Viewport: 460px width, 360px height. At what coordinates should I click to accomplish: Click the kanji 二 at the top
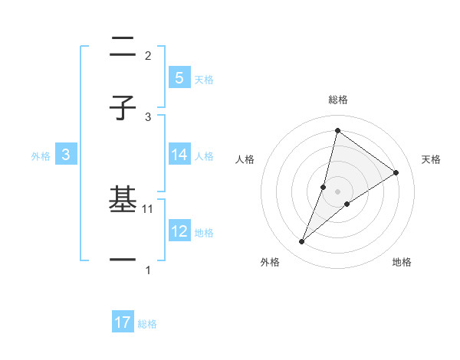pyautogui.click(x=123, y=48)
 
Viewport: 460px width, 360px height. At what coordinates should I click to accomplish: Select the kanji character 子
pyautogui.click(x=123, y=109)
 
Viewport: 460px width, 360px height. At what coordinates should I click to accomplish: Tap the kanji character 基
pyautogui.click(x=123, y=201)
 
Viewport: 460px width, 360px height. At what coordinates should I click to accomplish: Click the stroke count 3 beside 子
pyautogui.click(x=148, y=116)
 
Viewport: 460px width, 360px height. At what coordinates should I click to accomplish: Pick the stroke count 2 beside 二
pyautogui.click(x=148, y=55)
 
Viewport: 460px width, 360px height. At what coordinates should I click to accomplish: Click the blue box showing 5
pyautogui.click(x=179, y=77)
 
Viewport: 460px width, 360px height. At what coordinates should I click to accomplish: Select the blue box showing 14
pyautogui.click(x=179, y=155)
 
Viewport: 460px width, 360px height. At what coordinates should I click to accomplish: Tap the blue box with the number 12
pyautogui.click(x=179, y=231)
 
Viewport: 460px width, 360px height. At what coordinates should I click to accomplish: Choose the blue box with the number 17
pyautogui.click(x=123, y=322)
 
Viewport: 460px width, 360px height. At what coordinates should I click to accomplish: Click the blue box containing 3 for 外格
pyautogui.click(x=66, y=155)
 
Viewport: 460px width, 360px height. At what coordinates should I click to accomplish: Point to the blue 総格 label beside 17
pyautogui.click(x=147, y=324)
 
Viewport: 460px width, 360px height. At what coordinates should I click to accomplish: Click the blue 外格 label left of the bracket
pyautogui.click(x=41, y=155)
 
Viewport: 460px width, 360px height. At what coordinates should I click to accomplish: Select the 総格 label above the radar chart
pyautogui.click(x=337, y=100)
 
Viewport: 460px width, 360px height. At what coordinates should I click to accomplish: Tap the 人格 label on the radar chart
pyautogui.click(x=245, y=159)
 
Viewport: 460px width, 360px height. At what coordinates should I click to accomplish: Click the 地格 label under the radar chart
pyautogui.click(x=402, y=262)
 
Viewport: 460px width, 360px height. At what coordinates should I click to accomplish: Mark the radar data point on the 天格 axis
pyautogui.click(x=396, y=172)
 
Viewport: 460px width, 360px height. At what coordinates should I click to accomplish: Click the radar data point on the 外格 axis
pyautogui.click(x=302, y=242)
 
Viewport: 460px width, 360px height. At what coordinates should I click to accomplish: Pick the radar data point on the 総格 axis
pyautogui.click(x=337, y=130)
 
